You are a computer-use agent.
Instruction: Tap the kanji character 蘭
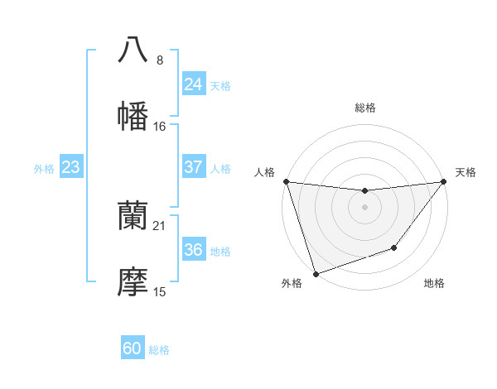[133, 216]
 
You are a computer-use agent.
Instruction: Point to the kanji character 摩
[133, 282]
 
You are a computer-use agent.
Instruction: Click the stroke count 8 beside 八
[160, 60]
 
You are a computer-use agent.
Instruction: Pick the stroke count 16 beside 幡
[160, 127]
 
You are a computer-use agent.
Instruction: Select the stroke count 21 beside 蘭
[160, 226]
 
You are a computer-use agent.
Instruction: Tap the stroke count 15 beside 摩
[160, 292]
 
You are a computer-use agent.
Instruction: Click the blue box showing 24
[193, 84]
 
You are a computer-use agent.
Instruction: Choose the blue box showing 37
[193, 167]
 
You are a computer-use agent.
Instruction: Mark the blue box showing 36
[193, 250]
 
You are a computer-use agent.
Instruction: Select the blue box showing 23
[71, 167]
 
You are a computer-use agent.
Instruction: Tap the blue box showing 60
[133, 348]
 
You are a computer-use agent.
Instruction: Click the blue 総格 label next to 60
[160, 350]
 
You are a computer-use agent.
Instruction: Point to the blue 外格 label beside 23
[44, 169]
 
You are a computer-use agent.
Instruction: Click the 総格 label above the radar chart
[364, 108]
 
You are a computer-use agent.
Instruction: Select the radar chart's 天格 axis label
[466, 172]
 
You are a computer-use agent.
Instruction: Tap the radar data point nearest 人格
[286, 181]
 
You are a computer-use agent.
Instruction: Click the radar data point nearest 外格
[316, 273]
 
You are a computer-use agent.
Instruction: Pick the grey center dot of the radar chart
[364, 207]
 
